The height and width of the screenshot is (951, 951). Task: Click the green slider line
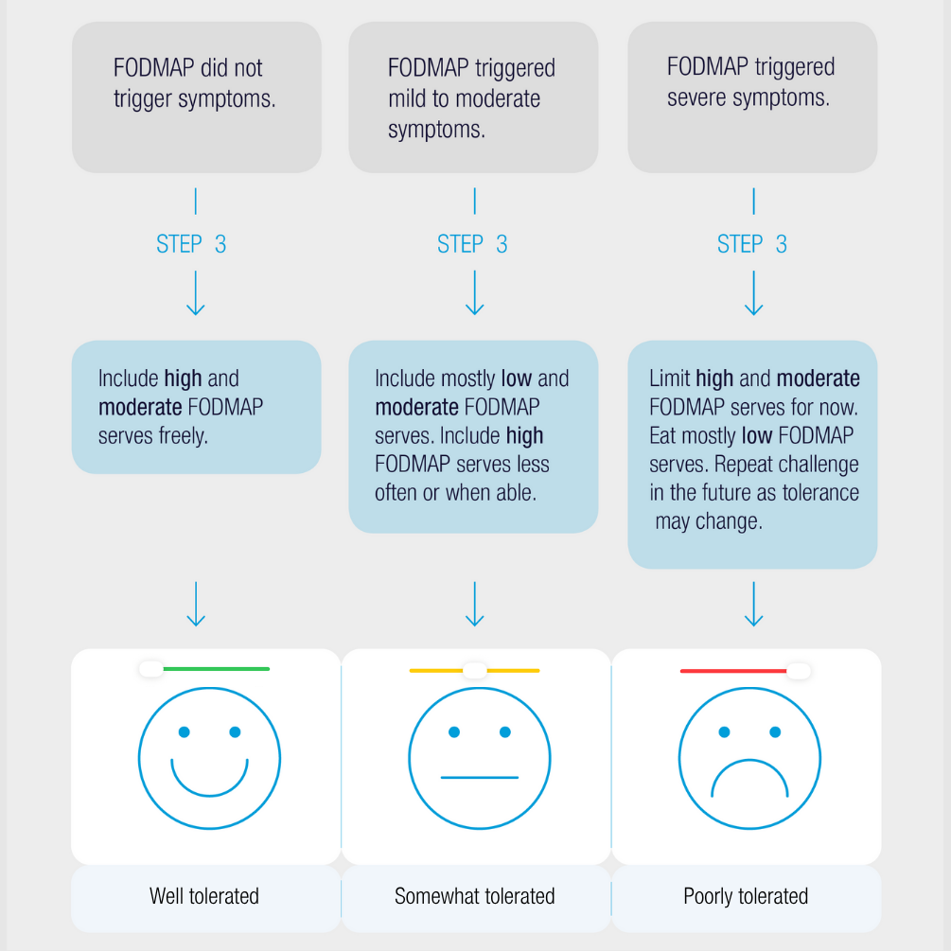coord(218,669)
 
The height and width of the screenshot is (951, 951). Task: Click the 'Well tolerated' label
coord(204,895)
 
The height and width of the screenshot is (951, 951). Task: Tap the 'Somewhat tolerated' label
coord(475,895)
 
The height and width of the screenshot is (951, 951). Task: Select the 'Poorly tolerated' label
coord(746,895)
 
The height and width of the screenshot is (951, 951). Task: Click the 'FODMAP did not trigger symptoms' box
coord(196,97)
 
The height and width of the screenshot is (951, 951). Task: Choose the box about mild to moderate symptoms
coord(473,97)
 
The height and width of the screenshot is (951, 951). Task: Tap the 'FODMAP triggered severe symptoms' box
coord(752,97)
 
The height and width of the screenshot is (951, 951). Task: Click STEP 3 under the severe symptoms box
coord(752,244)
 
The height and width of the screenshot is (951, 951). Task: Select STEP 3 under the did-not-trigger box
coord(191,244)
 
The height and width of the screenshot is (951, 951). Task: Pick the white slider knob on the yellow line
coord(475,670)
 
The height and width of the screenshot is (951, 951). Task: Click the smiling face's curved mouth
coord(209,782)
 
